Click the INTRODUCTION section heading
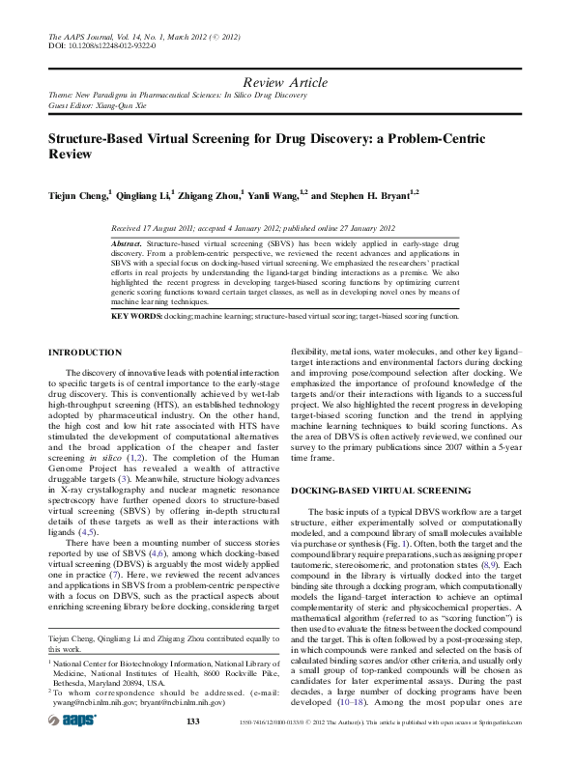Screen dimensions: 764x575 click(85, 353)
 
